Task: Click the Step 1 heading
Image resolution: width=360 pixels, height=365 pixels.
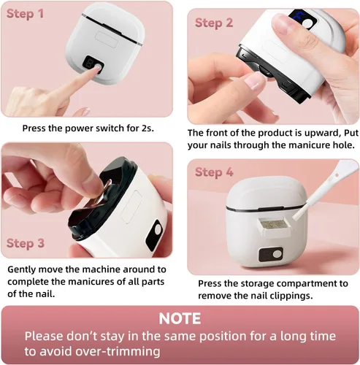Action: pos(25,13)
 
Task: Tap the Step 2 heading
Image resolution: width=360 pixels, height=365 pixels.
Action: pos(214,23)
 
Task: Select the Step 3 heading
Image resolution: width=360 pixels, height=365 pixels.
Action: pos(26,243)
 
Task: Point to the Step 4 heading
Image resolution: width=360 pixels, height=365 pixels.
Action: pos(214,172)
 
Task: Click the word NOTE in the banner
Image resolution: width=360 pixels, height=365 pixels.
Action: pos(180,318)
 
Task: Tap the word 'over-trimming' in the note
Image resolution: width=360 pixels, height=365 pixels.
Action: pos(118,351)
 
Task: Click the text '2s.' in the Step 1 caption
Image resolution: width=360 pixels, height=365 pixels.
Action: pos(148,128)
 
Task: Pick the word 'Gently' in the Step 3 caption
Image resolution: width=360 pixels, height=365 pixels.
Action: pos(22,269)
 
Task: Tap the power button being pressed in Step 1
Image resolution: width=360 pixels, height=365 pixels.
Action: pos(98,67)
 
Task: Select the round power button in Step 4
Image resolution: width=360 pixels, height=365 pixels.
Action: pos(277,254)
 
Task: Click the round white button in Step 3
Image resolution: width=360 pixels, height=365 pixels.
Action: pos(158,228)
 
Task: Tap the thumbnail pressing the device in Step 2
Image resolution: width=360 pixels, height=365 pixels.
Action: pos(283,24)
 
